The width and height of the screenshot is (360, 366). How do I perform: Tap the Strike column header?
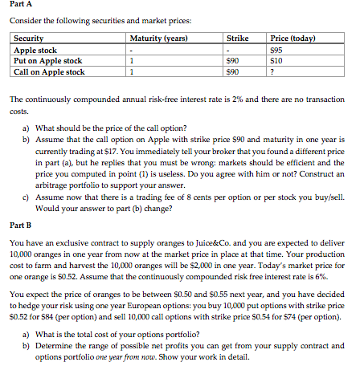(236, 39)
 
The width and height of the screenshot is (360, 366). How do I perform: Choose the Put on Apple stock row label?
(48, 61)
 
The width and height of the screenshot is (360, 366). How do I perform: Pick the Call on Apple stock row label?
(49, 71)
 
